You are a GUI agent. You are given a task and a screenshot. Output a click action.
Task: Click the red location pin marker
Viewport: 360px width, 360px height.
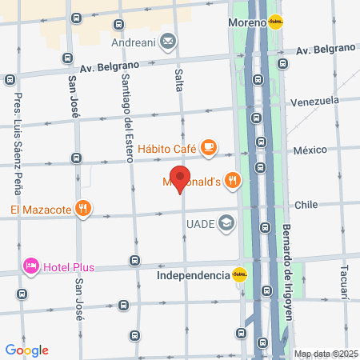(180, 179)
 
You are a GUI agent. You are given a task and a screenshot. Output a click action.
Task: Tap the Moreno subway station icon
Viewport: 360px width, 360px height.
(275, 22)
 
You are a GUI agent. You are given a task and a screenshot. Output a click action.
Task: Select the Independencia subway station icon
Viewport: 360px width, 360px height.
(239, 275)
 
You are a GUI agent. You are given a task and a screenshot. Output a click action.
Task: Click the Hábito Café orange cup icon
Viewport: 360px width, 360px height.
(208, 146)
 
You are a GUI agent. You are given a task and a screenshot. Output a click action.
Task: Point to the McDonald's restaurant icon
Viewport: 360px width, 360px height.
(233, 180)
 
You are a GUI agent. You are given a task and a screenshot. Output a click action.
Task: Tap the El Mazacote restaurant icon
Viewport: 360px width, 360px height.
(83, 210)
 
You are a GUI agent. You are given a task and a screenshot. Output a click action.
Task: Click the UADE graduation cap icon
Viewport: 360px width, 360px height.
(227, 223)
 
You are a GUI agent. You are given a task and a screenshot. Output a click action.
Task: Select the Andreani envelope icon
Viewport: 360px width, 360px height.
(169, 39)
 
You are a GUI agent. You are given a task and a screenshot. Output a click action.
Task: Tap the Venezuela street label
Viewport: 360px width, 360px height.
(314, 102)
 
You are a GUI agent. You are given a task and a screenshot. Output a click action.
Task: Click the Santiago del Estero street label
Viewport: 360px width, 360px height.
(126, 112)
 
